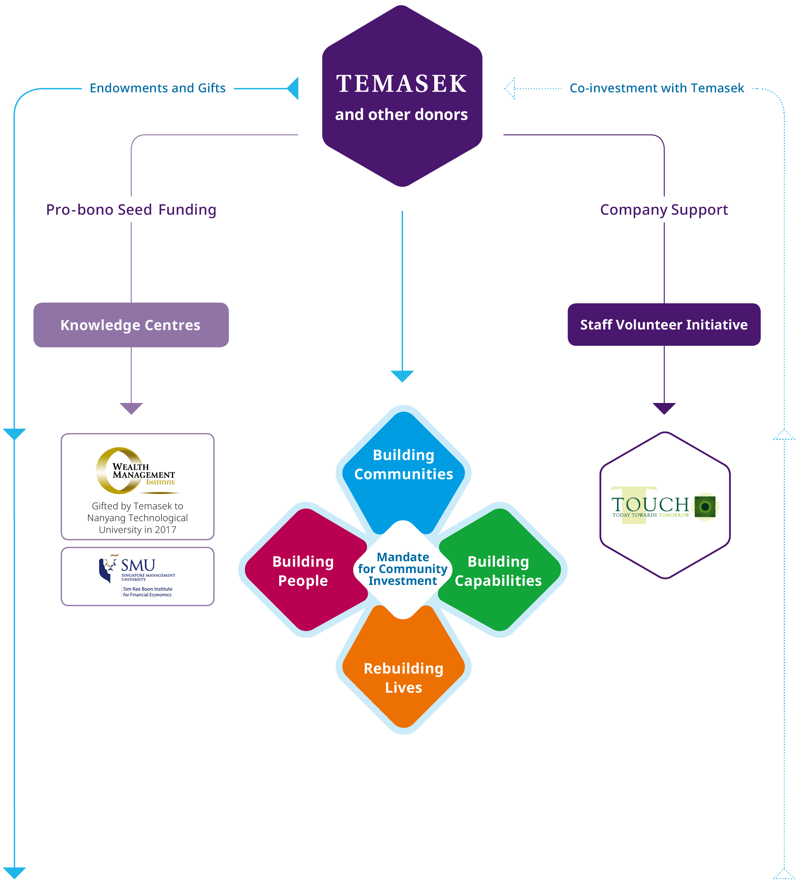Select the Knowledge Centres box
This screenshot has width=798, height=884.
click(131, 325)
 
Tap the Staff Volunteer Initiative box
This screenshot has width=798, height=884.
click(664, 325)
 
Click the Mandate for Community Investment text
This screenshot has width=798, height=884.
click(403, 569)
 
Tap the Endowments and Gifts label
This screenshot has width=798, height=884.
click(157, 88)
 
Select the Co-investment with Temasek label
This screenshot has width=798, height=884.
click(656, 88)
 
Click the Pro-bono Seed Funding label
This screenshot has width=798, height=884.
click(131, 210)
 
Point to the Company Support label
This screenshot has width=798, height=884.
click(664, 210)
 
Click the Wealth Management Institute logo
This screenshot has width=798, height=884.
click(136, 471)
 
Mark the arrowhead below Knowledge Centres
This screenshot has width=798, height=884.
click(131, 408)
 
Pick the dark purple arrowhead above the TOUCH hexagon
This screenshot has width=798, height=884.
click(664, 408)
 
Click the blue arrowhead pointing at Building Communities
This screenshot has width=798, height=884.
click(402, 376)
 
